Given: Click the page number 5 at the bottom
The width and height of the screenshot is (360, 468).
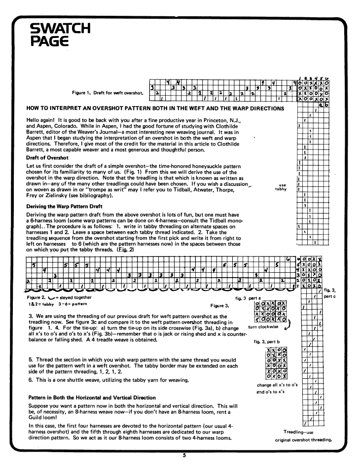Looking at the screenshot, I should click(x=183, y=455).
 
